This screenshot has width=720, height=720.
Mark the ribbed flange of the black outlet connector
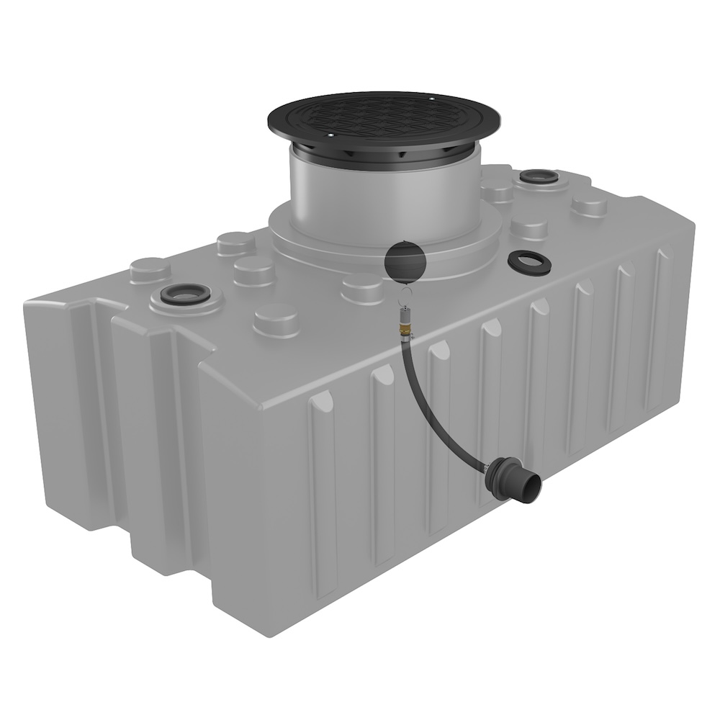click(500, 475)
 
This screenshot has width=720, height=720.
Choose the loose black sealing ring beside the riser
click(529, 262)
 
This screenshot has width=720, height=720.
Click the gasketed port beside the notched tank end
click(184, 294)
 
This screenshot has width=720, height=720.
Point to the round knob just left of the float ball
click(361, 288)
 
